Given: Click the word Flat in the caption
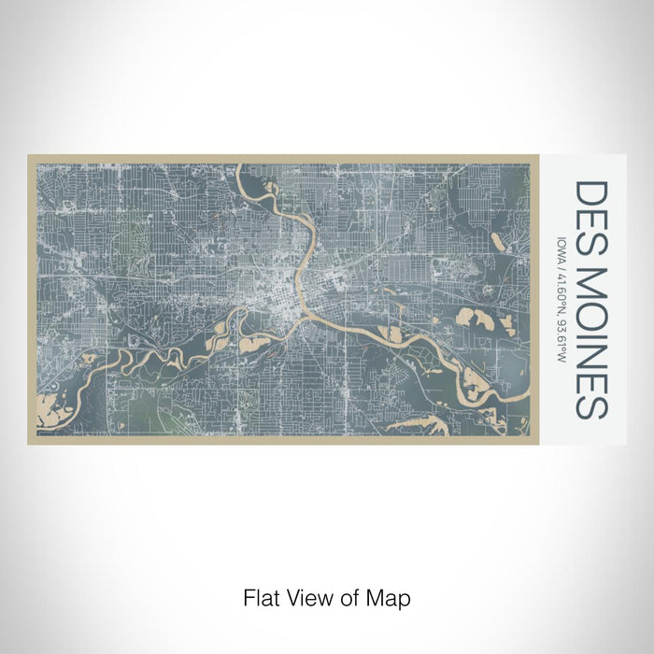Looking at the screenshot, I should click(x=261, y=596).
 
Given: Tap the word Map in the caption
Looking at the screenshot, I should click(x=391, y=596).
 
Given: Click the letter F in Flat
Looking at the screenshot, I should click(x=248, y=596).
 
